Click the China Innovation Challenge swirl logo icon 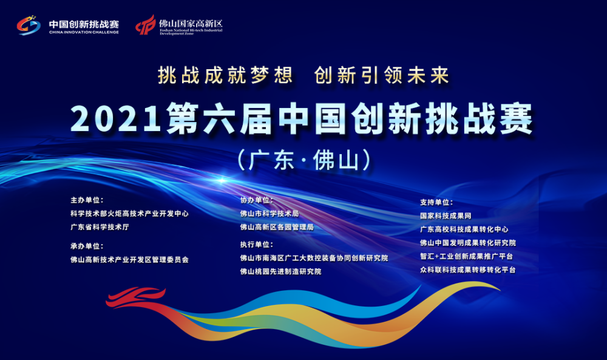[29, 25]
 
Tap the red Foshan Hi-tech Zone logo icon [146, 25]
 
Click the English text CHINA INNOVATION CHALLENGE [84, 32]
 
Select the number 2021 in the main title [115, 119]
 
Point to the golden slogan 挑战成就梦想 [225, 75]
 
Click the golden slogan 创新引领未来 [382, 75]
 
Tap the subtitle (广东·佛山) [304, 160]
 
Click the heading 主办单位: [87, 200]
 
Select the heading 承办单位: [87, 246]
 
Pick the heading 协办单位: [257, 200]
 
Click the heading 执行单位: [257, 245]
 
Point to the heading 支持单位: [436, 202]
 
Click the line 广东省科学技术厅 [100, 227]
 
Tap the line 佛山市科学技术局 [270, 214]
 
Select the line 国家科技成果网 [446, 216]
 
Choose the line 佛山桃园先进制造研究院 [280, 272]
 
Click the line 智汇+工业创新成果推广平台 [466, 257]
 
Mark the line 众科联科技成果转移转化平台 [468, 270]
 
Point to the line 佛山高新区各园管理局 [277, 227]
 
